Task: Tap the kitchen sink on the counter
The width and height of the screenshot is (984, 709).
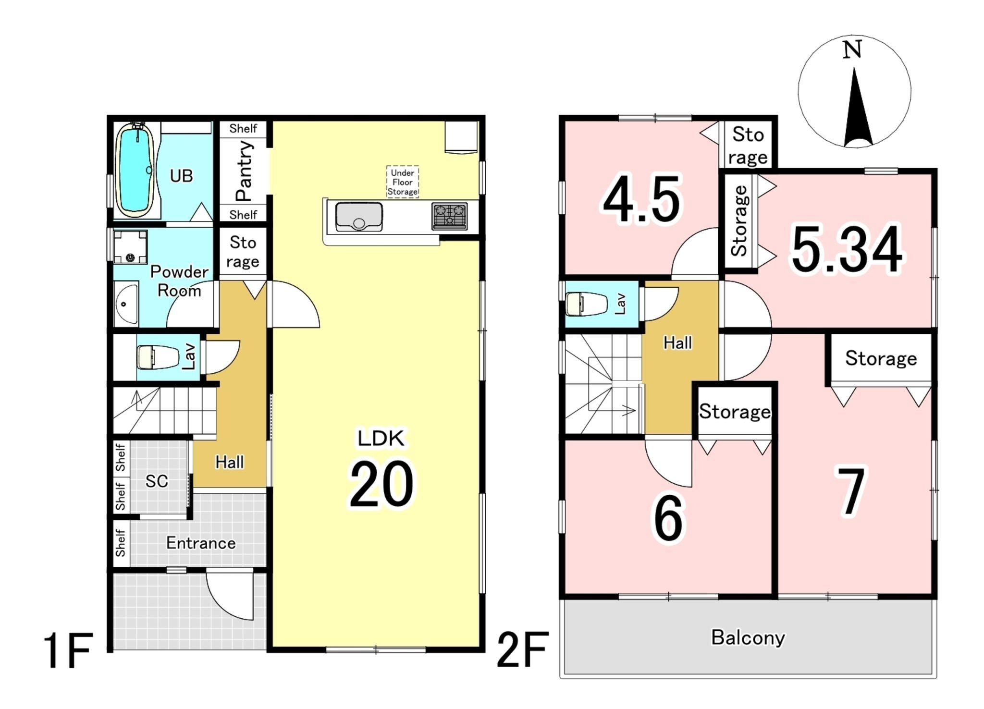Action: [359, 217]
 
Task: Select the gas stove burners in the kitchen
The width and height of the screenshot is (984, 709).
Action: [449, 216]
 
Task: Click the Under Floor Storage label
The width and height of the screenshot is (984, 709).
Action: [403, 182]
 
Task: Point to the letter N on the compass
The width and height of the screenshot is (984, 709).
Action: [852, 50]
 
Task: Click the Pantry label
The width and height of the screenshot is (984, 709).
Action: [244, 171]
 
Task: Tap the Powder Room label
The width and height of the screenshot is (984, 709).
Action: [179, 281]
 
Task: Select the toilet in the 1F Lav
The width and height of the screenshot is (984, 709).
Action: [153, 357]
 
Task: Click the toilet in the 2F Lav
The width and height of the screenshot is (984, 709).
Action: [586, 304]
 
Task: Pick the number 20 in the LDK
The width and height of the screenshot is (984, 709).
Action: [381, 484]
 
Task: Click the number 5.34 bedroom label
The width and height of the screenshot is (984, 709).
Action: [847, 249]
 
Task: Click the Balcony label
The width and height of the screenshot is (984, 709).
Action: [748, 637]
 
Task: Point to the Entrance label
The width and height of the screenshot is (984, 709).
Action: [201, 543]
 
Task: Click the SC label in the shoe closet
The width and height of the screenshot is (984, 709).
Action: [157, 481]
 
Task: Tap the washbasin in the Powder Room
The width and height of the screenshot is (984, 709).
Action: [126, 304]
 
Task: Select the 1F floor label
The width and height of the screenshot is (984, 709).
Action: [68, 651]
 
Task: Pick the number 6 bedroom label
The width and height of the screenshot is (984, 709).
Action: [668, 518]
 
